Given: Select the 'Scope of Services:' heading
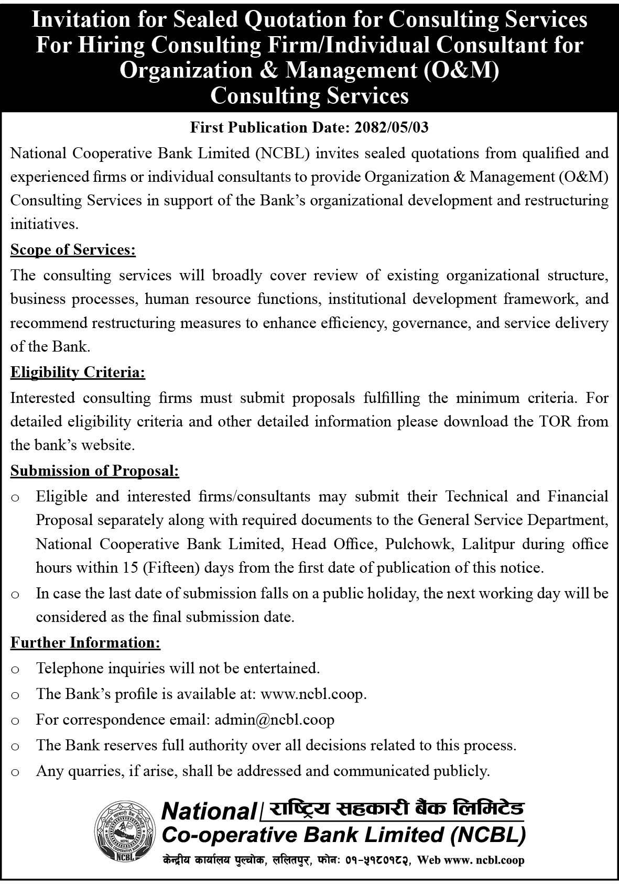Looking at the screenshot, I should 73,249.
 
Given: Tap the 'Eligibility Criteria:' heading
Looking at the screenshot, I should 78,373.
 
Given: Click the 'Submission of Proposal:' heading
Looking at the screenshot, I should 95,471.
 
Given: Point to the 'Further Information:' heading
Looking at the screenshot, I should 85,642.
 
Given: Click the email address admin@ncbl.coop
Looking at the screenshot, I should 274,719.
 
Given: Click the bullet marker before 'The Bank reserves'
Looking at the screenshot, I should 15,746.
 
